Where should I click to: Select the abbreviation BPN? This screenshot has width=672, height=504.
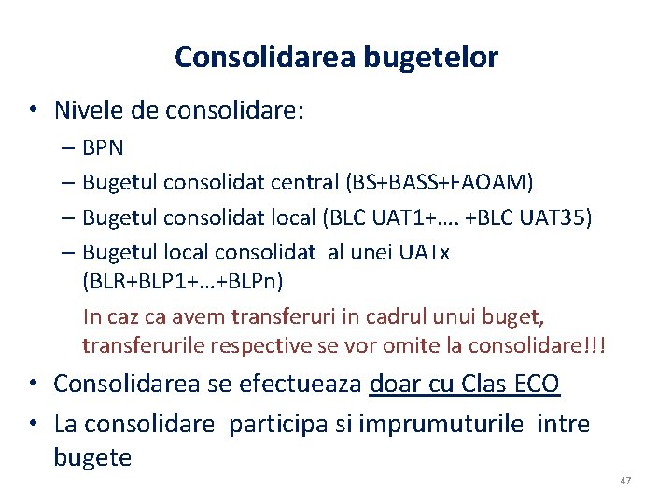(x=103, y=147)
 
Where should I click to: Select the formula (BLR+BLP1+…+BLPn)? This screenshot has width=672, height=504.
(x=183, y=281)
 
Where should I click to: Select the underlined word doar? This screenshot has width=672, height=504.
(x=399, y=384)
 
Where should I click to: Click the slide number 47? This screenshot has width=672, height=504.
(x=625, y=481)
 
